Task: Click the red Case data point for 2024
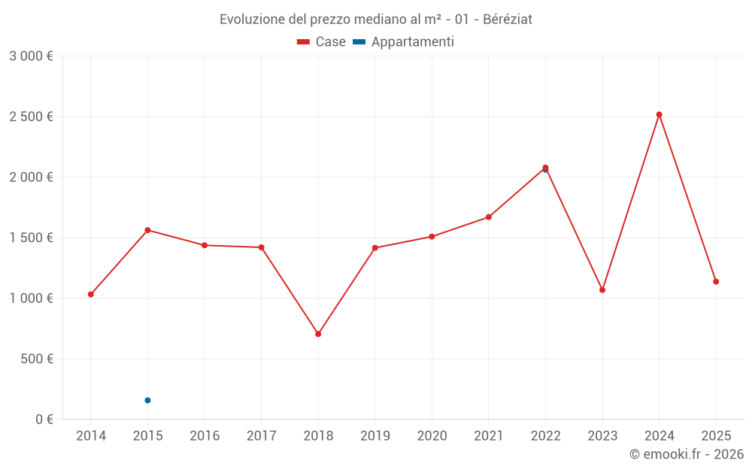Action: tap(659, 114)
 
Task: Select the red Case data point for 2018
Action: tap(318, 334)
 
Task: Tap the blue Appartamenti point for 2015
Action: tap(147, 400)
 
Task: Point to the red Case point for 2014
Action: tap(91, 294)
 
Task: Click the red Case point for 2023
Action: tap(602, 290)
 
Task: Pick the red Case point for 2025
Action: tap(716, 281)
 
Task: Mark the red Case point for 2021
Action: tap(489, 217)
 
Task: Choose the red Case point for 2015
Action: tap(147, 230)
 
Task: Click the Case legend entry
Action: tap(321, 42)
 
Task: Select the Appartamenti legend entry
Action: tap(404, 42)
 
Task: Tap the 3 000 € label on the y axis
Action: tap(31, 56)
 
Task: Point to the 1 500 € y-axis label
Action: tap(31, 238)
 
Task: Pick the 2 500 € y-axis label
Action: tap(31, 117)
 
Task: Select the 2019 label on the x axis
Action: tap(375, 436)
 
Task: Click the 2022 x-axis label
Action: tap(545, 436)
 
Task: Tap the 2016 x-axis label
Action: tap(205, 436)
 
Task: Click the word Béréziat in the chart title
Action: tap(508, 20)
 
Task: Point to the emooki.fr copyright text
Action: tap(686, 454)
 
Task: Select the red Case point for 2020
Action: tap(432, 237)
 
